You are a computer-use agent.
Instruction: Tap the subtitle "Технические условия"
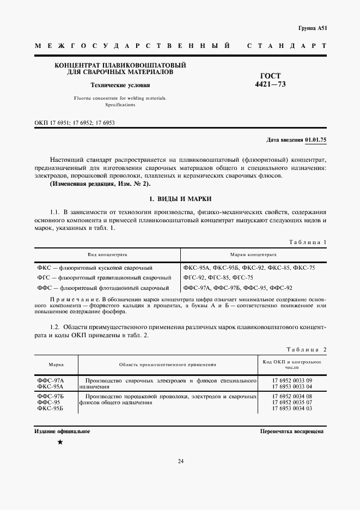120,85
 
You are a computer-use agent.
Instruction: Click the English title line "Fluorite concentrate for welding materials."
120,98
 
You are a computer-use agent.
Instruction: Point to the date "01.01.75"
315,140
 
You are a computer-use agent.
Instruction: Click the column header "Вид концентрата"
107,254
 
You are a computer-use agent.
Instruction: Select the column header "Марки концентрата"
253,254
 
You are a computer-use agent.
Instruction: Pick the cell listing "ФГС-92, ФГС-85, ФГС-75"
218,277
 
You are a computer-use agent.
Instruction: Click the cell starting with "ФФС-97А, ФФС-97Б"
238,288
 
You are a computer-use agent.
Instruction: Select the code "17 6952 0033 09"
291,379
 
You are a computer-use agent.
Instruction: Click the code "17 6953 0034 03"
291,408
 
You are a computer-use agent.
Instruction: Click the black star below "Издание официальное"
60,442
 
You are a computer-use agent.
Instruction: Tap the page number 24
180,462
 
